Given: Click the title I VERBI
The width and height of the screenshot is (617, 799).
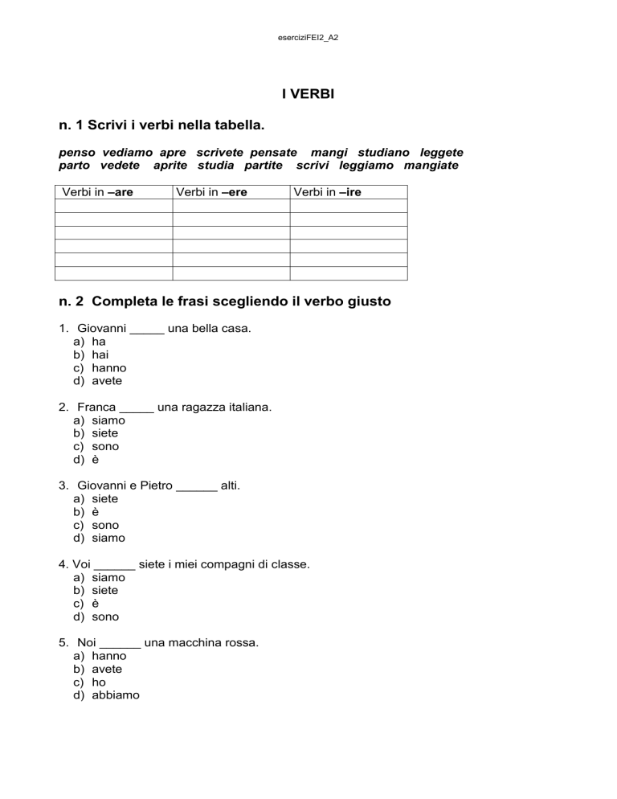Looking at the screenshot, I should [x=308, y=94].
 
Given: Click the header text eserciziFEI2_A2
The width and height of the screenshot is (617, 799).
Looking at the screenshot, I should [x=308, y=37].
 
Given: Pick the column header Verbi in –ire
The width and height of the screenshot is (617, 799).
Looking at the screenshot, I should [x=327, y=192].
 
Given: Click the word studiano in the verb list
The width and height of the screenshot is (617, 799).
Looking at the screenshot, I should [x=382, y=152].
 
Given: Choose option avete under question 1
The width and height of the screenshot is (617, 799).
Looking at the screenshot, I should [x=107, y=381].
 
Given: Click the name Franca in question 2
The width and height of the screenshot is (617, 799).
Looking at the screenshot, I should [x=96, y=407].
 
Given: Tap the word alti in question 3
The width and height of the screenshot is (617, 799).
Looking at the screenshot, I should [x=230, y=486].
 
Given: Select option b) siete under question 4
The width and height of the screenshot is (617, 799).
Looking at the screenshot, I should [x=105, y=590].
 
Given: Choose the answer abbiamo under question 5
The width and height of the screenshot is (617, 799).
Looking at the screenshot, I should [x=115, y=695].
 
